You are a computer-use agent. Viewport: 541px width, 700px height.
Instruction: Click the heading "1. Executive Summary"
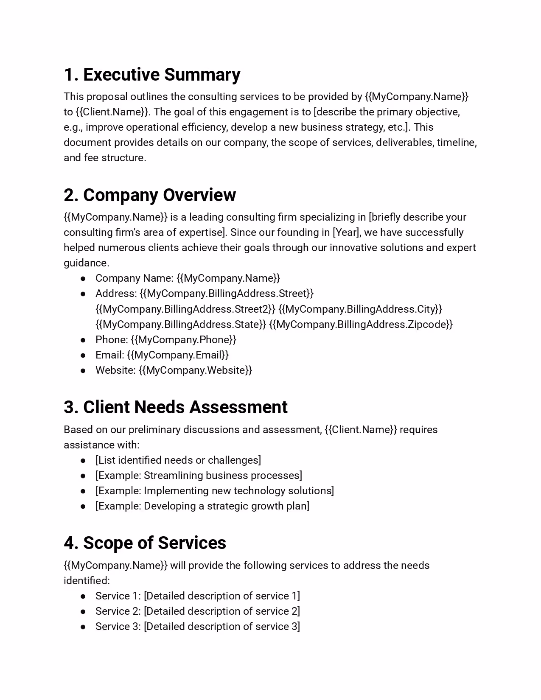click(152, 75)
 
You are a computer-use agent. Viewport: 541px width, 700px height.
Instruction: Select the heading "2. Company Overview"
click(150, 195)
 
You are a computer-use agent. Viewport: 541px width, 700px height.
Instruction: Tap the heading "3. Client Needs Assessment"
click(176, 407)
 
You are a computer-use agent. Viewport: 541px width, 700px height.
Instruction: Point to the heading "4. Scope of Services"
click(145, 543)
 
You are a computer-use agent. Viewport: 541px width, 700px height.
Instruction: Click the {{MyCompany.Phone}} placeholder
click(184, 340)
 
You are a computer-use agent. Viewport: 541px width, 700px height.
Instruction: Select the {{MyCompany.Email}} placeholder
click(178, 355)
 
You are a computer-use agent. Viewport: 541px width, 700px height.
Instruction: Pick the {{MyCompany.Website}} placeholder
click(196, 370)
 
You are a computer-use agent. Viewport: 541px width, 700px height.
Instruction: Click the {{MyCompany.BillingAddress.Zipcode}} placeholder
click(361, 325)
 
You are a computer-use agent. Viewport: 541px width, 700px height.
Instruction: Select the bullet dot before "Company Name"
click(83, 279)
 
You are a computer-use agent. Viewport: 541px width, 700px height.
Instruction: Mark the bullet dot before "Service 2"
click(83, 612)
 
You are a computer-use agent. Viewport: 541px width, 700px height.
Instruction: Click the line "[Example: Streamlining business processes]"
click(199, 476)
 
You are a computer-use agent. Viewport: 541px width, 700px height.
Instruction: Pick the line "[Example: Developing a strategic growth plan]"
click(202, 506)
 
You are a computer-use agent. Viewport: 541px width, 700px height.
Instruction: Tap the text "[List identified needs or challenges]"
click(178, 460)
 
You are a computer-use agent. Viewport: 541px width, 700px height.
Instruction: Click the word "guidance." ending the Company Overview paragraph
click(87, 263)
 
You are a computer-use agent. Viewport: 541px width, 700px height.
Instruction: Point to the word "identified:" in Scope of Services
click(87, 581)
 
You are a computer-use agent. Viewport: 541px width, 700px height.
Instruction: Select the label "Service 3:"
click(118, 627)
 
